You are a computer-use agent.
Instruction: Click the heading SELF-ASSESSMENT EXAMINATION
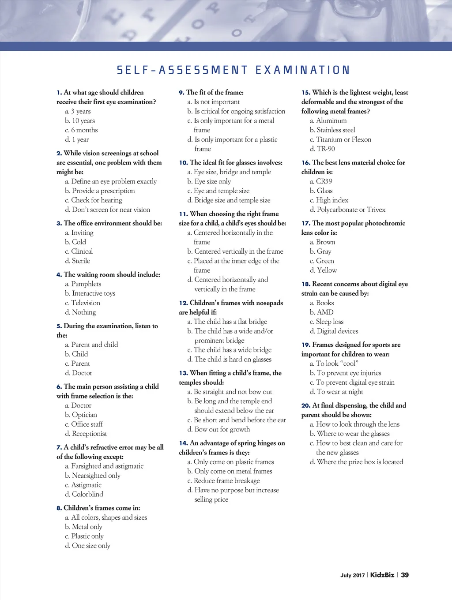pos(233,70)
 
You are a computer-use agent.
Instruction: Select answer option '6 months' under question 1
pos(84,130)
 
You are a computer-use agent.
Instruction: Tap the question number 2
pos(59,154)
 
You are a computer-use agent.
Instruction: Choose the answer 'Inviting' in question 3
pos(82,232)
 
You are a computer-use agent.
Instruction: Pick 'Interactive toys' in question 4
pos(93,293)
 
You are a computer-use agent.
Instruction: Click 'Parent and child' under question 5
pos(94,345)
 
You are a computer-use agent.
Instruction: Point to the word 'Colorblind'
pos(87,494)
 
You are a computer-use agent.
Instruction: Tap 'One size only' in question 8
pos(91,546)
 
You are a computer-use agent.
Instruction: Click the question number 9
pos(181,93)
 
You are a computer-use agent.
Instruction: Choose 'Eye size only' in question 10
pos(212,181)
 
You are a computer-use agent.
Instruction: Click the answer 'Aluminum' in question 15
pos(331,120)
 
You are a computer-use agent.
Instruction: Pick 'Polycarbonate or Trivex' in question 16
pos(351,210)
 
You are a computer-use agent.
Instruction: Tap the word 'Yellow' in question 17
pos(327,270)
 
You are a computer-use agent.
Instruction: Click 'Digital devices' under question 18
pos(337,331)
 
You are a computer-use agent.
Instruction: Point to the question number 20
pos(305,405)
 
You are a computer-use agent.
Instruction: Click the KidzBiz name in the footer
pos(382,575)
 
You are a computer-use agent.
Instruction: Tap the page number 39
pos(405,575)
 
